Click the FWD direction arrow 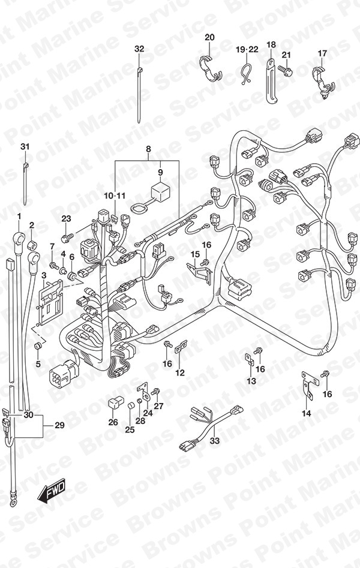(x=52, y=492)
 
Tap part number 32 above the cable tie (x=139, y=49)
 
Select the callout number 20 (x=209, y=37)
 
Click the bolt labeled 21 (x=286, y=70)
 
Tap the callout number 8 (x=148, y=149)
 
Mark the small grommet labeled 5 (x=38, y=346)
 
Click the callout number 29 (x=60, y=425)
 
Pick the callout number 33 (x=215, y=440)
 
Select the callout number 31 (x=25, y=147)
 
